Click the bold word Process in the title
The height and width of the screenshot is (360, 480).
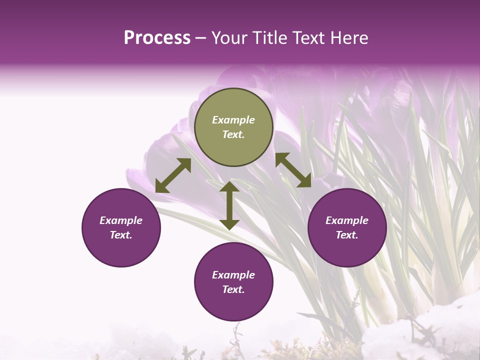pos(157,38)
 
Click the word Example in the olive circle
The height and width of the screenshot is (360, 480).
pos(233,120)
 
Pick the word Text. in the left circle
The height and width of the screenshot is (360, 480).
pos(121,235)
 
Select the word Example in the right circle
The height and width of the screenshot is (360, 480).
pos(347,220)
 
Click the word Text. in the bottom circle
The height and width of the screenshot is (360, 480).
pos(233,289)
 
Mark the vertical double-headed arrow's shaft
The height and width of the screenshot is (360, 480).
pos(229,205)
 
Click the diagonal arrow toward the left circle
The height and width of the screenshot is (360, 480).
pos(173,175)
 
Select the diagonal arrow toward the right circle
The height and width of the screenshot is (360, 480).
pos(293,170)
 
